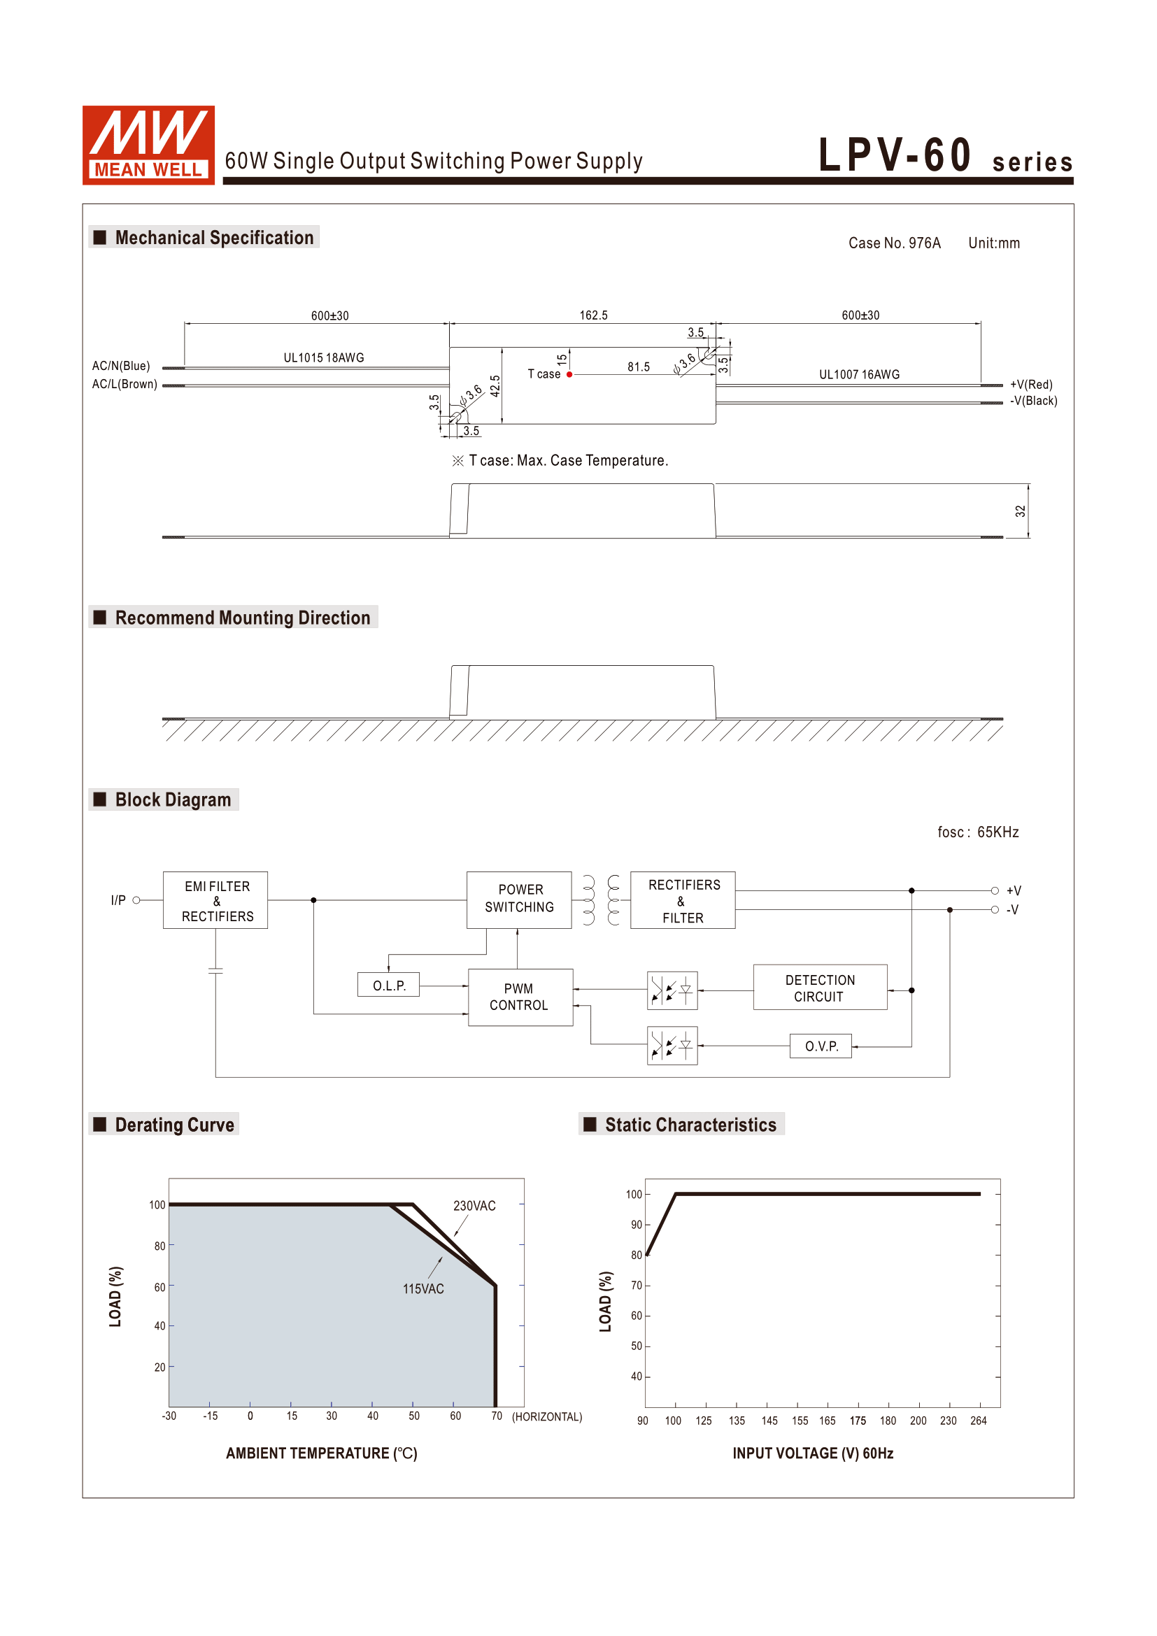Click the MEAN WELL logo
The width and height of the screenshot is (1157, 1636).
[148, 145]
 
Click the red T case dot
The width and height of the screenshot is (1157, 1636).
[569, 374]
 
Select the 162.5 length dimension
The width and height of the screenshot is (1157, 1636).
[593, 315]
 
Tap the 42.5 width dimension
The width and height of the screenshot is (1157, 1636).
[495, 385]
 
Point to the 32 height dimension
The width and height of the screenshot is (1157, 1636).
[1020, 511]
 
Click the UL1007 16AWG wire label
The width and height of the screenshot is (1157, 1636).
[859, 375]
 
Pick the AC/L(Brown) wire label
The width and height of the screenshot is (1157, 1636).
[125, 384]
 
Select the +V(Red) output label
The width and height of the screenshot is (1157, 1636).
[1031, 385]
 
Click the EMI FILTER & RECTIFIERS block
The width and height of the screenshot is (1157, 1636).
[216, 901]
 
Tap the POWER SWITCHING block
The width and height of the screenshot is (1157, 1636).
[519, 899]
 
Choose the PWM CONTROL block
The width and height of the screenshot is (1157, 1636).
[520, 997]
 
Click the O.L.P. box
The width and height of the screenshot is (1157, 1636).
[389, 986]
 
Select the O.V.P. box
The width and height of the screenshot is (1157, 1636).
[821, 1046]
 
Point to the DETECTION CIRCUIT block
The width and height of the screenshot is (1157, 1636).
[820, 988]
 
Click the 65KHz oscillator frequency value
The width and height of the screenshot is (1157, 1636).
[998, 832]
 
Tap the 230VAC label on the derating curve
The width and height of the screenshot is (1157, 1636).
[474, 1206]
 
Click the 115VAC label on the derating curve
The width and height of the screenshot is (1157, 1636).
[423, 1289]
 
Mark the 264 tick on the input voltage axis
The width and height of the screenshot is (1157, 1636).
[978, 1421]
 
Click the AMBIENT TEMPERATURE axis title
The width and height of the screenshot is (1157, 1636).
[321, 1453]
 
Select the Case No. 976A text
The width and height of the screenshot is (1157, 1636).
[894, 243]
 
